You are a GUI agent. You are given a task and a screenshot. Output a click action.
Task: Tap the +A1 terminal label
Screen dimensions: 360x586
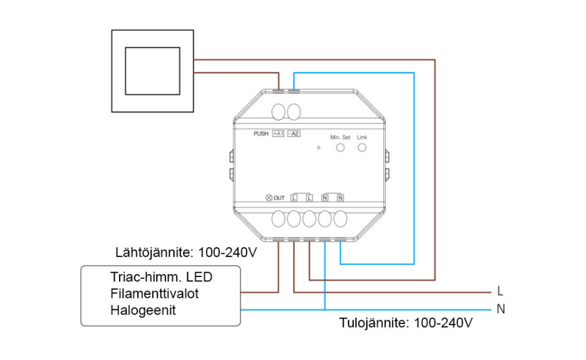(x=278, y=133)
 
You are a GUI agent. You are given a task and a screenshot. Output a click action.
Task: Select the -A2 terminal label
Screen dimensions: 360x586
(x=294, y=133)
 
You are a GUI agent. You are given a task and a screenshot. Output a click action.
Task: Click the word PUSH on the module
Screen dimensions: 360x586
(x=261, y=133)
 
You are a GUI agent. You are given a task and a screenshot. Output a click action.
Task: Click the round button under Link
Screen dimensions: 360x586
(x=362, y=148)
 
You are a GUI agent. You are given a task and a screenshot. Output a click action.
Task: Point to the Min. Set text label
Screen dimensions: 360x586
(x=340, y=137)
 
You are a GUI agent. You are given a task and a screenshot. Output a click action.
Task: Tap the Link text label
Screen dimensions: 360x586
(x=362, y=137)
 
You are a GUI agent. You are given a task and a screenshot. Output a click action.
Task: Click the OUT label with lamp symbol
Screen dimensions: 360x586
(x=275, y=198)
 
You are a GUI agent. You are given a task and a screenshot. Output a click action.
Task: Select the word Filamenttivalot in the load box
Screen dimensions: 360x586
(x=154, y=293)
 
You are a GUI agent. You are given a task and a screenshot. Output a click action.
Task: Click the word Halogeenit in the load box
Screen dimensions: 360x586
(x=143, y=310)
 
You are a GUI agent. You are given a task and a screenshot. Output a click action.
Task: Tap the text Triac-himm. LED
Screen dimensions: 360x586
(x=161, y=277)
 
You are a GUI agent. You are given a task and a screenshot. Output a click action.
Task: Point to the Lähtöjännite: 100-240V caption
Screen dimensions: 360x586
(x=186, y=252)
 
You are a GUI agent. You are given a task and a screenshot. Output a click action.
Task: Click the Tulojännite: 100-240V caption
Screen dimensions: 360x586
(x=407, y=322)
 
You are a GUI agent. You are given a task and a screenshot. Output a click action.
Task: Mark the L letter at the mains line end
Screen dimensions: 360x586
(x=501, y=292)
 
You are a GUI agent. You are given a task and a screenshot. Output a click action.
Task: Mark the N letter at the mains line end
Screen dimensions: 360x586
(x=501, y=309)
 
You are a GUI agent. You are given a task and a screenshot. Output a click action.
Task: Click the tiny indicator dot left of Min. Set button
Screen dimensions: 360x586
(x=319, y=148)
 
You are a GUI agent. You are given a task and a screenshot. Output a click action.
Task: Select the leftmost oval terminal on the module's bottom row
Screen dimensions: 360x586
(x=279, y=219)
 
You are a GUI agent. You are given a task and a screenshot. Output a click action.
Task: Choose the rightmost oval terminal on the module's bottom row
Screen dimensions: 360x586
(x=340, y=219)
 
